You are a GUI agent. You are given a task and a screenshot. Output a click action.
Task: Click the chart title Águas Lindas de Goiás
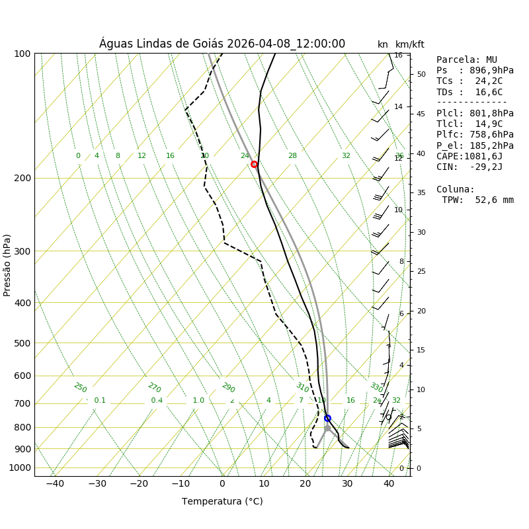pos(222,44)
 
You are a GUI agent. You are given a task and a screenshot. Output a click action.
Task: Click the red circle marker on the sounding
pos(254,164)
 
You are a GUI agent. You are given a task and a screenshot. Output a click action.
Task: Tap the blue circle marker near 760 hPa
pos(327,418)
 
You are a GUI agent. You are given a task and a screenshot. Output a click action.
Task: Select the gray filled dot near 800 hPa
pos(327,428)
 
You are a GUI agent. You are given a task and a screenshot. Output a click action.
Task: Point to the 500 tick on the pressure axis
pos(22,343)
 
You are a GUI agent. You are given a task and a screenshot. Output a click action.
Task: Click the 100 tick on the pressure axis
pos(22,54)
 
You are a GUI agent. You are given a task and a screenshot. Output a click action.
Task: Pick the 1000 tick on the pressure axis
pos(20,468)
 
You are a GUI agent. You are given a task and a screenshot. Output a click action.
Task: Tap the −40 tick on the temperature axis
pos(55,483)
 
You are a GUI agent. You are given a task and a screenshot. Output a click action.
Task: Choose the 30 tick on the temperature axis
pos(347,483)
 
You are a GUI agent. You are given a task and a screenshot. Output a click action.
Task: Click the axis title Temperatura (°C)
pos(222,501)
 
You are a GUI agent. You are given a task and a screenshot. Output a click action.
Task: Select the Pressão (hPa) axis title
pos(7,264)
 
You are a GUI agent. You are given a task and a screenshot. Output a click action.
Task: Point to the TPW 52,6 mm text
pos(477,200)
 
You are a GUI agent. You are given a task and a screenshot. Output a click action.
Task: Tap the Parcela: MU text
pos(466,60)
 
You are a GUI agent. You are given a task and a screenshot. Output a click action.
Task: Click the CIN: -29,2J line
pos(469,167)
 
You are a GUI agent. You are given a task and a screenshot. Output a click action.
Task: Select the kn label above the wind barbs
pos(383,44)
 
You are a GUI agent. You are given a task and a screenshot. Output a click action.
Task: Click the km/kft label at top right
pos(410,44)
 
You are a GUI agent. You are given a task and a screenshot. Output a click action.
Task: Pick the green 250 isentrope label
pos(80,387)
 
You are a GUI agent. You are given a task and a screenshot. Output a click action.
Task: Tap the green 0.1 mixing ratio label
pos(100,400)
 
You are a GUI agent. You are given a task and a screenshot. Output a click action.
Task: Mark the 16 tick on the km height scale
pos(398,56)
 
